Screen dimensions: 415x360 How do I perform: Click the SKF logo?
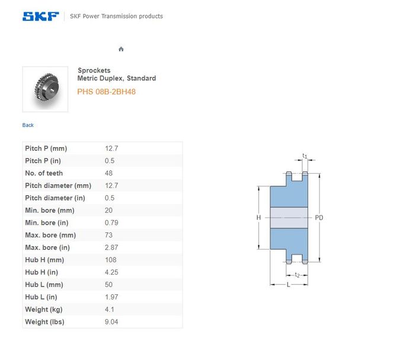[41, 16]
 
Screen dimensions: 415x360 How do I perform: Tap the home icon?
[121, 49]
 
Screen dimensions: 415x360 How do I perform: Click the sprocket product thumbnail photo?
[45, 89]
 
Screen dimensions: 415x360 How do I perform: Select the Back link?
[28, 125]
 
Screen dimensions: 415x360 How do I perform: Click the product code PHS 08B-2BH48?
[106, 91]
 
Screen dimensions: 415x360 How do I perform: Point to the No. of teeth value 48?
[108, 173]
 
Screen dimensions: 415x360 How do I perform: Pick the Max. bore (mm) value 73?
[108, 235]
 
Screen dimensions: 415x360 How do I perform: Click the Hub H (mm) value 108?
[111, 260]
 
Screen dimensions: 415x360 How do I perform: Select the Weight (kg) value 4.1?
[109, 310]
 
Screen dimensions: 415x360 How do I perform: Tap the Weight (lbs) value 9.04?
[111, 322]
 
